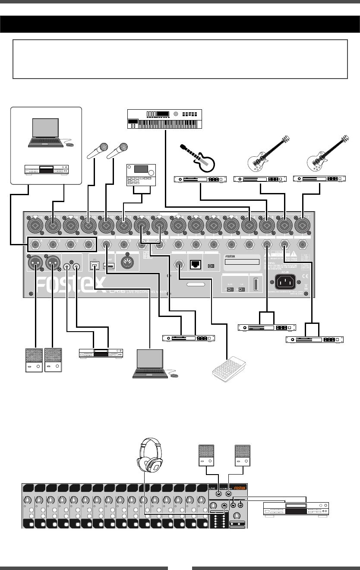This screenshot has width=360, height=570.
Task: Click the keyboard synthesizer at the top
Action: click(165, 119)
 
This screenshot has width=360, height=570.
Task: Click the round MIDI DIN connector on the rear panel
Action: click(129, 266)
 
